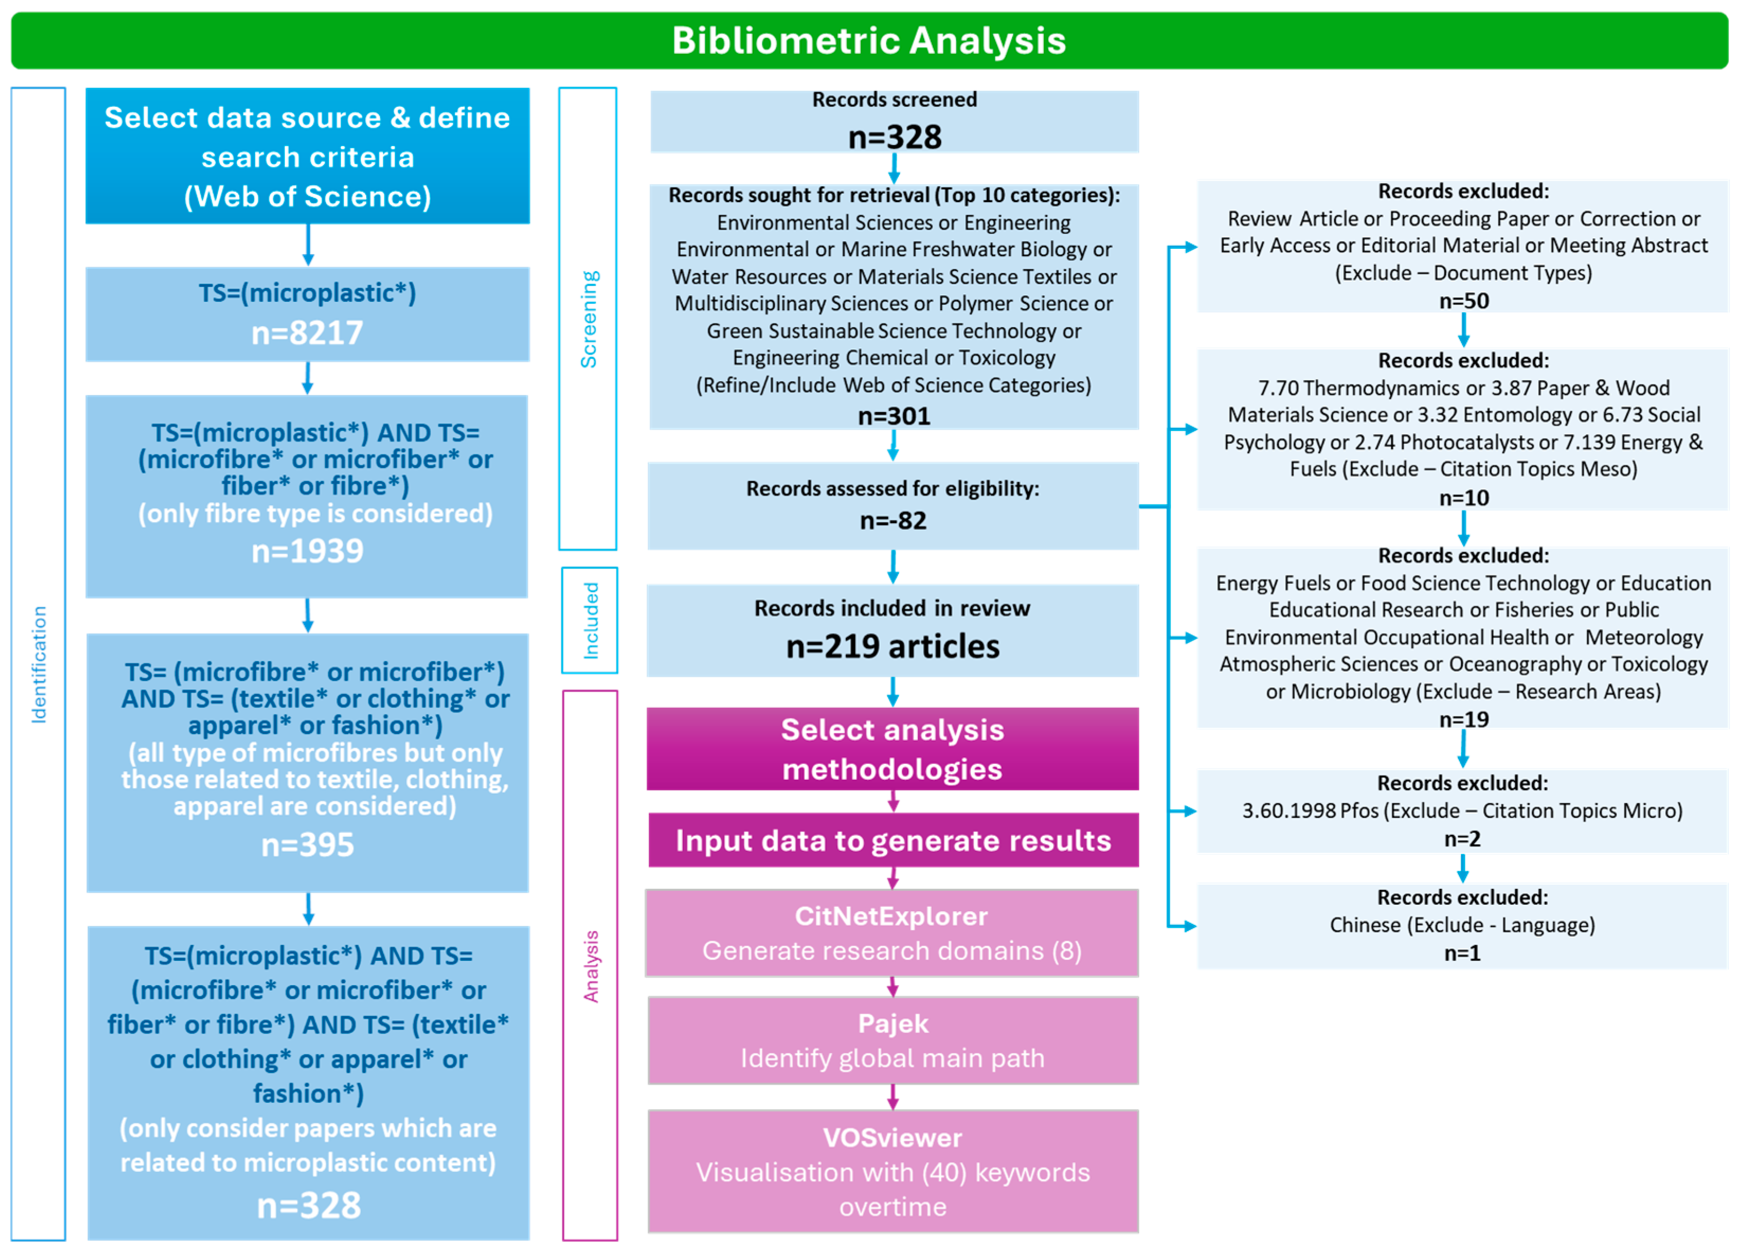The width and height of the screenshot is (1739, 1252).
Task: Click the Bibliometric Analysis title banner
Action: click(869, 41)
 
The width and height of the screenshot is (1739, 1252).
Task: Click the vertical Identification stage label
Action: click(38, 664)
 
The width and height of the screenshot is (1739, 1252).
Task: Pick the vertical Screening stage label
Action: click(588, 319)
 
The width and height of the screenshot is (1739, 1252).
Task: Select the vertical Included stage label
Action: click(590, 620)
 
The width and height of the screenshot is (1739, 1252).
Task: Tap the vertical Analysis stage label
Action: click(590, 966)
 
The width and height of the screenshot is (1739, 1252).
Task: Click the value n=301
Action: click(893, 416)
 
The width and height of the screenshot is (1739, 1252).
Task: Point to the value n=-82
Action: click(893, 520)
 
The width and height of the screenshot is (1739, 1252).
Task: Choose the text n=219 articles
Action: click(893, 646)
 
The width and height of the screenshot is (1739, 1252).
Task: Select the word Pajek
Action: click(893, 1023)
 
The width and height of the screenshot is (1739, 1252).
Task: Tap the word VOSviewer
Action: click(893, 1138)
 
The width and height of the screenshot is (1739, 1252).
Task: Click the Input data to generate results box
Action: click(893, 840)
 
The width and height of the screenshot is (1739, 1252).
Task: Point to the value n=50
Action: click(1463, 301)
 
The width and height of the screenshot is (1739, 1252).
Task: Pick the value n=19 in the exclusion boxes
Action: click(1463, 719)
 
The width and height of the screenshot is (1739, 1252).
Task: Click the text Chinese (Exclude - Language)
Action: click(1462, 925)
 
